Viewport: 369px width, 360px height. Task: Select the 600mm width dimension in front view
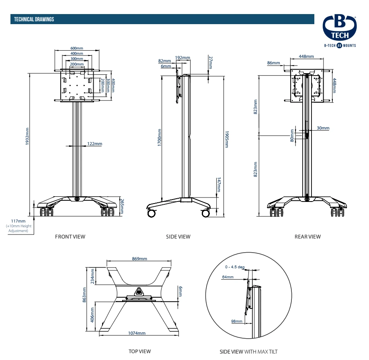point(77,48)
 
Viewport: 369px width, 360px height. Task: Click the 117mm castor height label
point(18,221)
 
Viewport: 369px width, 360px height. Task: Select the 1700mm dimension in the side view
point(160,137)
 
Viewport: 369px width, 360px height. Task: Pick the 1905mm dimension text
point(226,139)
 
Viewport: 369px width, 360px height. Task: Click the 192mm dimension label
point(182,58)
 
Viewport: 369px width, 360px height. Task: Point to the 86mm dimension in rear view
point(273,63)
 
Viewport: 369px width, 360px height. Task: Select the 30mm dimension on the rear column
point(323,128)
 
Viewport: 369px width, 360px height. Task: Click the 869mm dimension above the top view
point(139,259)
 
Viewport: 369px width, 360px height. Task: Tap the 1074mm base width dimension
point(137,333)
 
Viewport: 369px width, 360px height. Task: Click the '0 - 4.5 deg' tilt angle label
point(235,267)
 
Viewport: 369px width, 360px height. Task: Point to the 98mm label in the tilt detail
point(237,321)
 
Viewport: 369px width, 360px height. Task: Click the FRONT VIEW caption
point(70,237)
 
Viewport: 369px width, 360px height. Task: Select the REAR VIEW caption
point(307,237)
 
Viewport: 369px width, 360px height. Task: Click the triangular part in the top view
point(139,291)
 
